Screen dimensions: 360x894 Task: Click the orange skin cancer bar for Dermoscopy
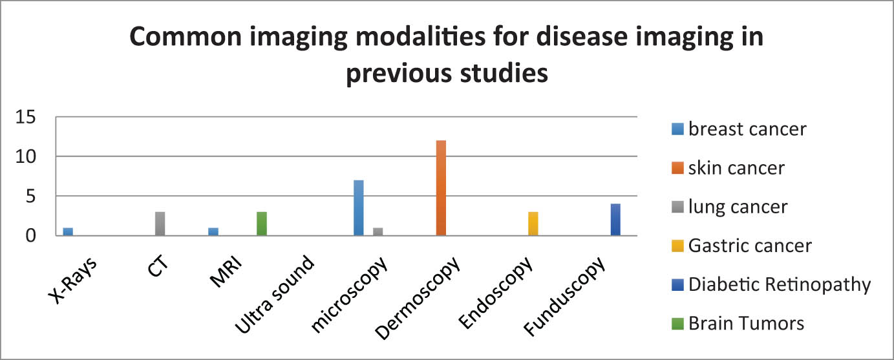click(x=441, y=188)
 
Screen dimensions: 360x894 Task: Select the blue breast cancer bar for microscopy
click(x=358, y=207)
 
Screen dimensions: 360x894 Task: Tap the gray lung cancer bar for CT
click(x=160, y=224)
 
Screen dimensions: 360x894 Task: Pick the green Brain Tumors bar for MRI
click(x=261, y=224)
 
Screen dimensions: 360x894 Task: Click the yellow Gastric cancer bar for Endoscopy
click(x=533, y=224)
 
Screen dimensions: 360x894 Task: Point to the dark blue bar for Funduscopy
click(x=615, y=220)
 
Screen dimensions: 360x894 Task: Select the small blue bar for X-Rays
click(x=68, y=231)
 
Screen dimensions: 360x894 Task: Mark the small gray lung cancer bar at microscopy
click(x=378, y=231)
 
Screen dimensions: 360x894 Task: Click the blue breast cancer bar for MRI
click(x=213, y=231)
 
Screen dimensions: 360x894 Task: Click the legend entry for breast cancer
click(x=739, y=129)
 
